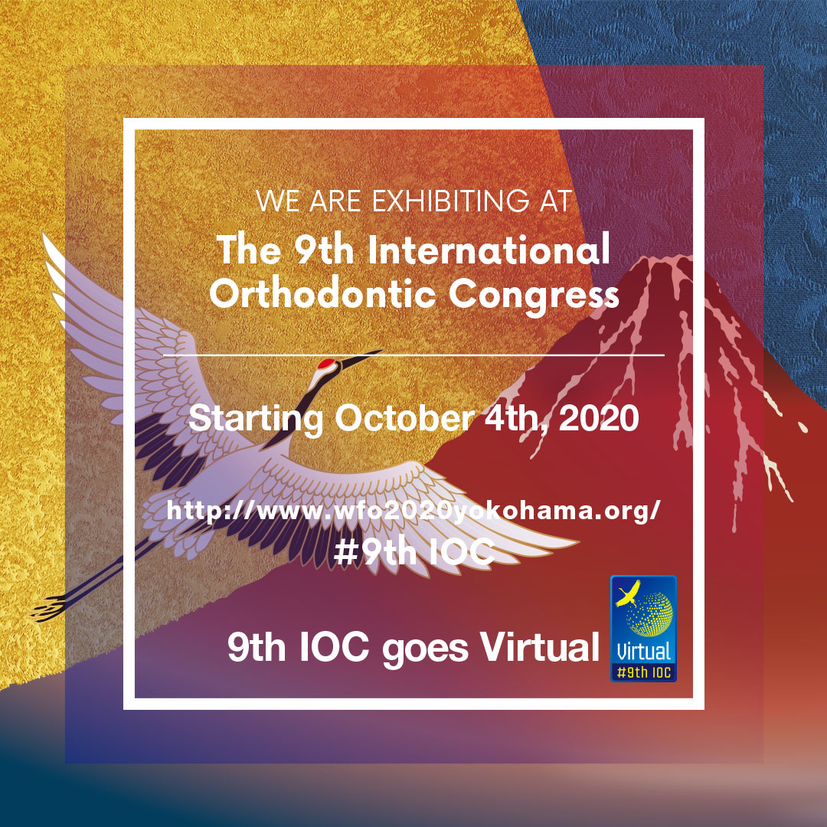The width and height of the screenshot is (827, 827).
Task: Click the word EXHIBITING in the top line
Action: (x=450, y=201)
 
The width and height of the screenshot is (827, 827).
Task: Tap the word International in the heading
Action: (x=489, y=249)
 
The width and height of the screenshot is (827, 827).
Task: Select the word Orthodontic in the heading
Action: (x=323, y=293)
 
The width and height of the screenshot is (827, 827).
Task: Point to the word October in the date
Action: (x=405, y=419)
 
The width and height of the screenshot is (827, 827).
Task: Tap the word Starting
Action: (x=256, y=420)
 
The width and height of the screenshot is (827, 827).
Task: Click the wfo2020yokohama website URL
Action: (x=413, y=511)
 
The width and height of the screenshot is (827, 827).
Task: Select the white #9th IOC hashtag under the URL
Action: (x=414, y=552)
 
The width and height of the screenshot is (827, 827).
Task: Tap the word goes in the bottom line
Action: (x=425, y=650)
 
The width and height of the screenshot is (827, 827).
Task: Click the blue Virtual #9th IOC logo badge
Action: (x=643, y=629)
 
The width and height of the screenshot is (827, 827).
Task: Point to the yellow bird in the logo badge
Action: (x=629, y=594)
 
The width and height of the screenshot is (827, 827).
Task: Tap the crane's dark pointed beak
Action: (x=361, y=357)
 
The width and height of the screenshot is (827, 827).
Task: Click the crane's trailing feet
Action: (x=50, y=607)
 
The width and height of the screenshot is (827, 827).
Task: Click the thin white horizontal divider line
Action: (x=414, y=355)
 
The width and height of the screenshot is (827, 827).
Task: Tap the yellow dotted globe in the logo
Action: (x=650, y=614)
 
